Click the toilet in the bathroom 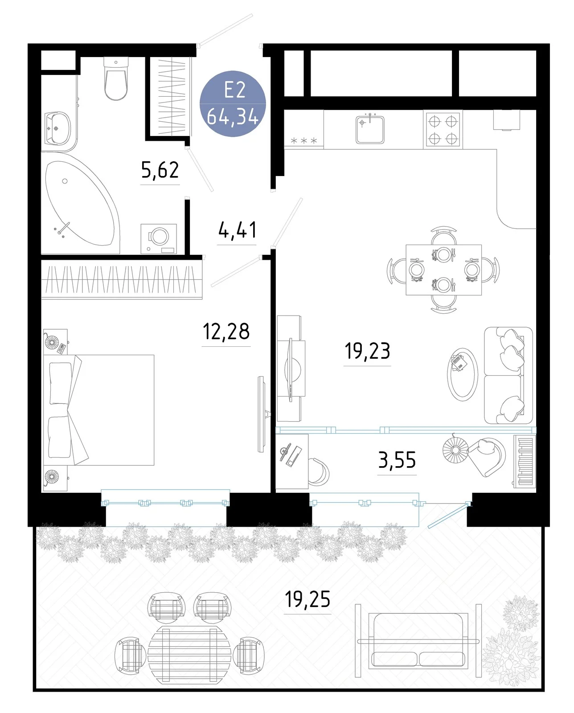[x=116, y=78]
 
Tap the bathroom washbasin [x=58, y=128]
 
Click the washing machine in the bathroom [x=158, y=239]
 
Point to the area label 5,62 [x=160, y=170]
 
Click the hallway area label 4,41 [x=237, y=230]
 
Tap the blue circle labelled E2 [x=232, y=104]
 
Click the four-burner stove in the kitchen [x=443, y=130]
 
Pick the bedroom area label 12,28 [x=226, y=331]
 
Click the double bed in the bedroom [x=99, y=410]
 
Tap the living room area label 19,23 [x=367, y=351]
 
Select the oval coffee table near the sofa [x=462, y=374]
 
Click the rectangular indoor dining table [x=443, y=270]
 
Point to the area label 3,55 [x=397, y=460]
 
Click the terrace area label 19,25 [x=307, y=599]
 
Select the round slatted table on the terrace [x=189, y=655]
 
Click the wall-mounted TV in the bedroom [x=262, y=414]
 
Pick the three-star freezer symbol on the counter [x=303, y=140]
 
